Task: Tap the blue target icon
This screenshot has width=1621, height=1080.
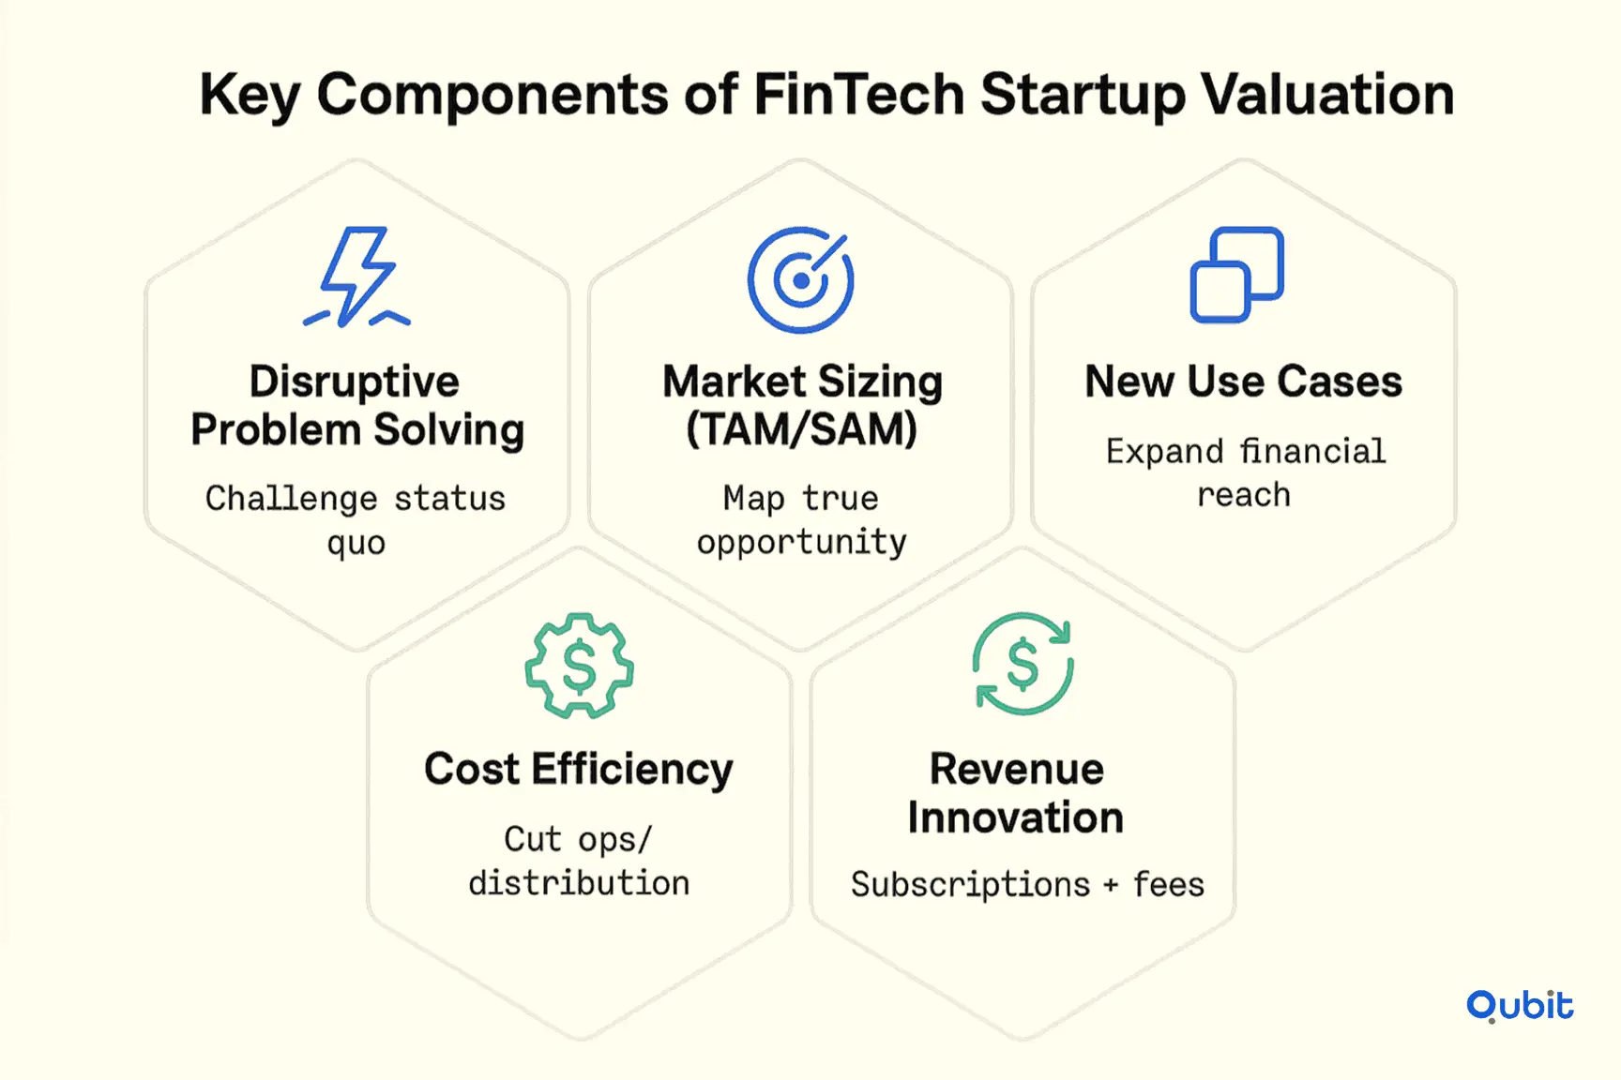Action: (800, 279)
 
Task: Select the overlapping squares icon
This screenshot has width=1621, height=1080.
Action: (1236, 275)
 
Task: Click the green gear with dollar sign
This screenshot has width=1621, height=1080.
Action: (579, 666)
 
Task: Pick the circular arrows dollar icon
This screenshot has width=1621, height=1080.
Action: (1023, 664)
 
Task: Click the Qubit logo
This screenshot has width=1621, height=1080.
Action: (1520, 1005)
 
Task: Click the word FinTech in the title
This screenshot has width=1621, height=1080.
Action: (858, 95)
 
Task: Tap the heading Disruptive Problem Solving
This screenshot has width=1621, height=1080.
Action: (356, 405)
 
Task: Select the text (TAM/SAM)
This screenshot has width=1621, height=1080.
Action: (801, 429)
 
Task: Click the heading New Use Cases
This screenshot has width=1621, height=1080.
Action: (1243, 382)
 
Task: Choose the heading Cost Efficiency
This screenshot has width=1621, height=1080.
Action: (579, 770)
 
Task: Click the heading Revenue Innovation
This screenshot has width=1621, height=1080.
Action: (1016, 793)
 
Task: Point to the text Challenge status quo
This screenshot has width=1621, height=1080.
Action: (356, 520)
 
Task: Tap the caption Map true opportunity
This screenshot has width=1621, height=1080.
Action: (801, 520)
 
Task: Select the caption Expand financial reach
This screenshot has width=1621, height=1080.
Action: (1245, 472)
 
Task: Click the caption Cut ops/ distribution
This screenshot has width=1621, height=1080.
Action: (579, 861)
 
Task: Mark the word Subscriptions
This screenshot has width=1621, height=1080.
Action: (970, 884)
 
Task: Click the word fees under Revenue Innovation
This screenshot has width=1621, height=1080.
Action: (1168, 883)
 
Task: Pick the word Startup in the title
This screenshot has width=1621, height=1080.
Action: (1083, 97)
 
